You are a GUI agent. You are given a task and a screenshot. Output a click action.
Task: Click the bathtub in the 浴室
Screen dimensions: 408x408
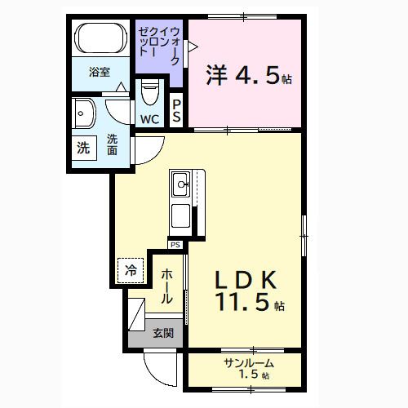(99, 38)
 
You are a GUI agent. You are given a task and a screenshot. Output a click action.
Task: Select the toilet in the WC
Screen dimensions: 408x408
(149, 92)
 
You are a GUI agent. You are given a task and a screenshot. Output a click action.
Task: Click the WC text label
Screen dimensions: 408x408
(149, 120)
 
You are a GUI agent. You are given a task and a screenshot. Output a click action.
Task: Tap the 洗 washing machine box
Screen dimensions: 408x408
(83, 149)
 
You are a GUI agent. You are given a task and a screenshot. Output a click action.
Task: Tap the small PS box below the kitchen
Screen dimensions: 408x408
(175, 244)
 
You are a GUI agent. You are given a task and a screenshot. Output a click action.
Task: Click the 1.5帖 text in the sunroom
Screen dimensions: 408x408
(253, 375)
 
